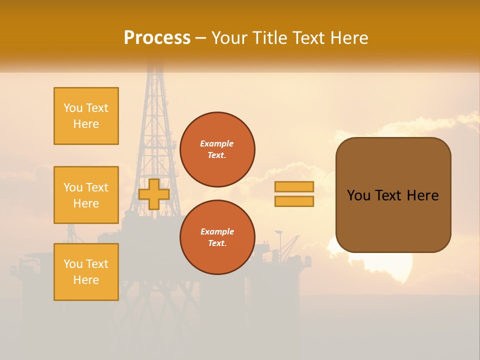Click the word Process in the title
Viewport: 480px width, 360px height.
(x=157, y=38)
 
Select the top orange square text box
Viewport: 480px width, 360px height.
(x=86, y=116)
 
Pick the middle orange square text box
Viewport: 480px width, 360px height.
(x=86, y=195)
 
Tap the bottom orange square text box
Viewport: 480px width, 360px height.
(x=86, y=272)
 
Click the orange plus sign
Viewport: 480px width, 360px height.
(x=154, y=194)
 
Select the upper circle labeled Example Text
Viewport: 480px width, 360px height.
(x=217, y=149)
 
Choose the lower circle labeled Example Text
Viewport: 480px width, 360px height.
(x=217, y=237)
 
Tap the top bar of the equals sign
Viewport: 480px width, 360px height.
(x=294, y=186)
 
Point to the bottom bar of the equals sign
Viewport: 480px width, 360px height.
(x=294, y=201)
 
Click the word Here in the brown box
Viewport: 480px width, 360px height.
(x=422, y=195)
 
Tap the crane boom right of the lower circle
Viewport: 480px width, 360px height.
(x=290, y=245)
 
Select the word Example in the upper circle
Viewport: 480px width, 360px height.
(x=217, y=143)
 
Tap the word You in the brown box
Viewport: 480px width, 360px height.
(x=359, y=195)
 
